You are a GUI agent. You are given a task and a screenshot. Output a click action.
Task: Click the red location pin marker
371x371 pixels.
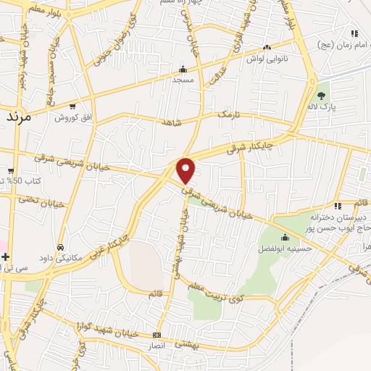tap(186, 170)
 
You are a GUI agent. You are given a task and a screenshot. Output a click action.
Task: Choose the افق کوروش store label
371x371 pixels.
tap(71, 117)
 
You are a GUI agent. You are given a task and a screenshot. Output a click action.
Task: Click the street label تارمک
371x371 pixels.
tap(227, 115)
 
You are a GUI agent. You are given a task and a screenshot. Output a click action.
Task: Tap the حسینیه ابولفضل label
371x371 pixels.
tap(285, 248)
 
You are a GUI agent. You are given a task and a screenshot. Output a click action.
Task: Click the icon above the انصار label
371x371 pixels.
tap(158, 335)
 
